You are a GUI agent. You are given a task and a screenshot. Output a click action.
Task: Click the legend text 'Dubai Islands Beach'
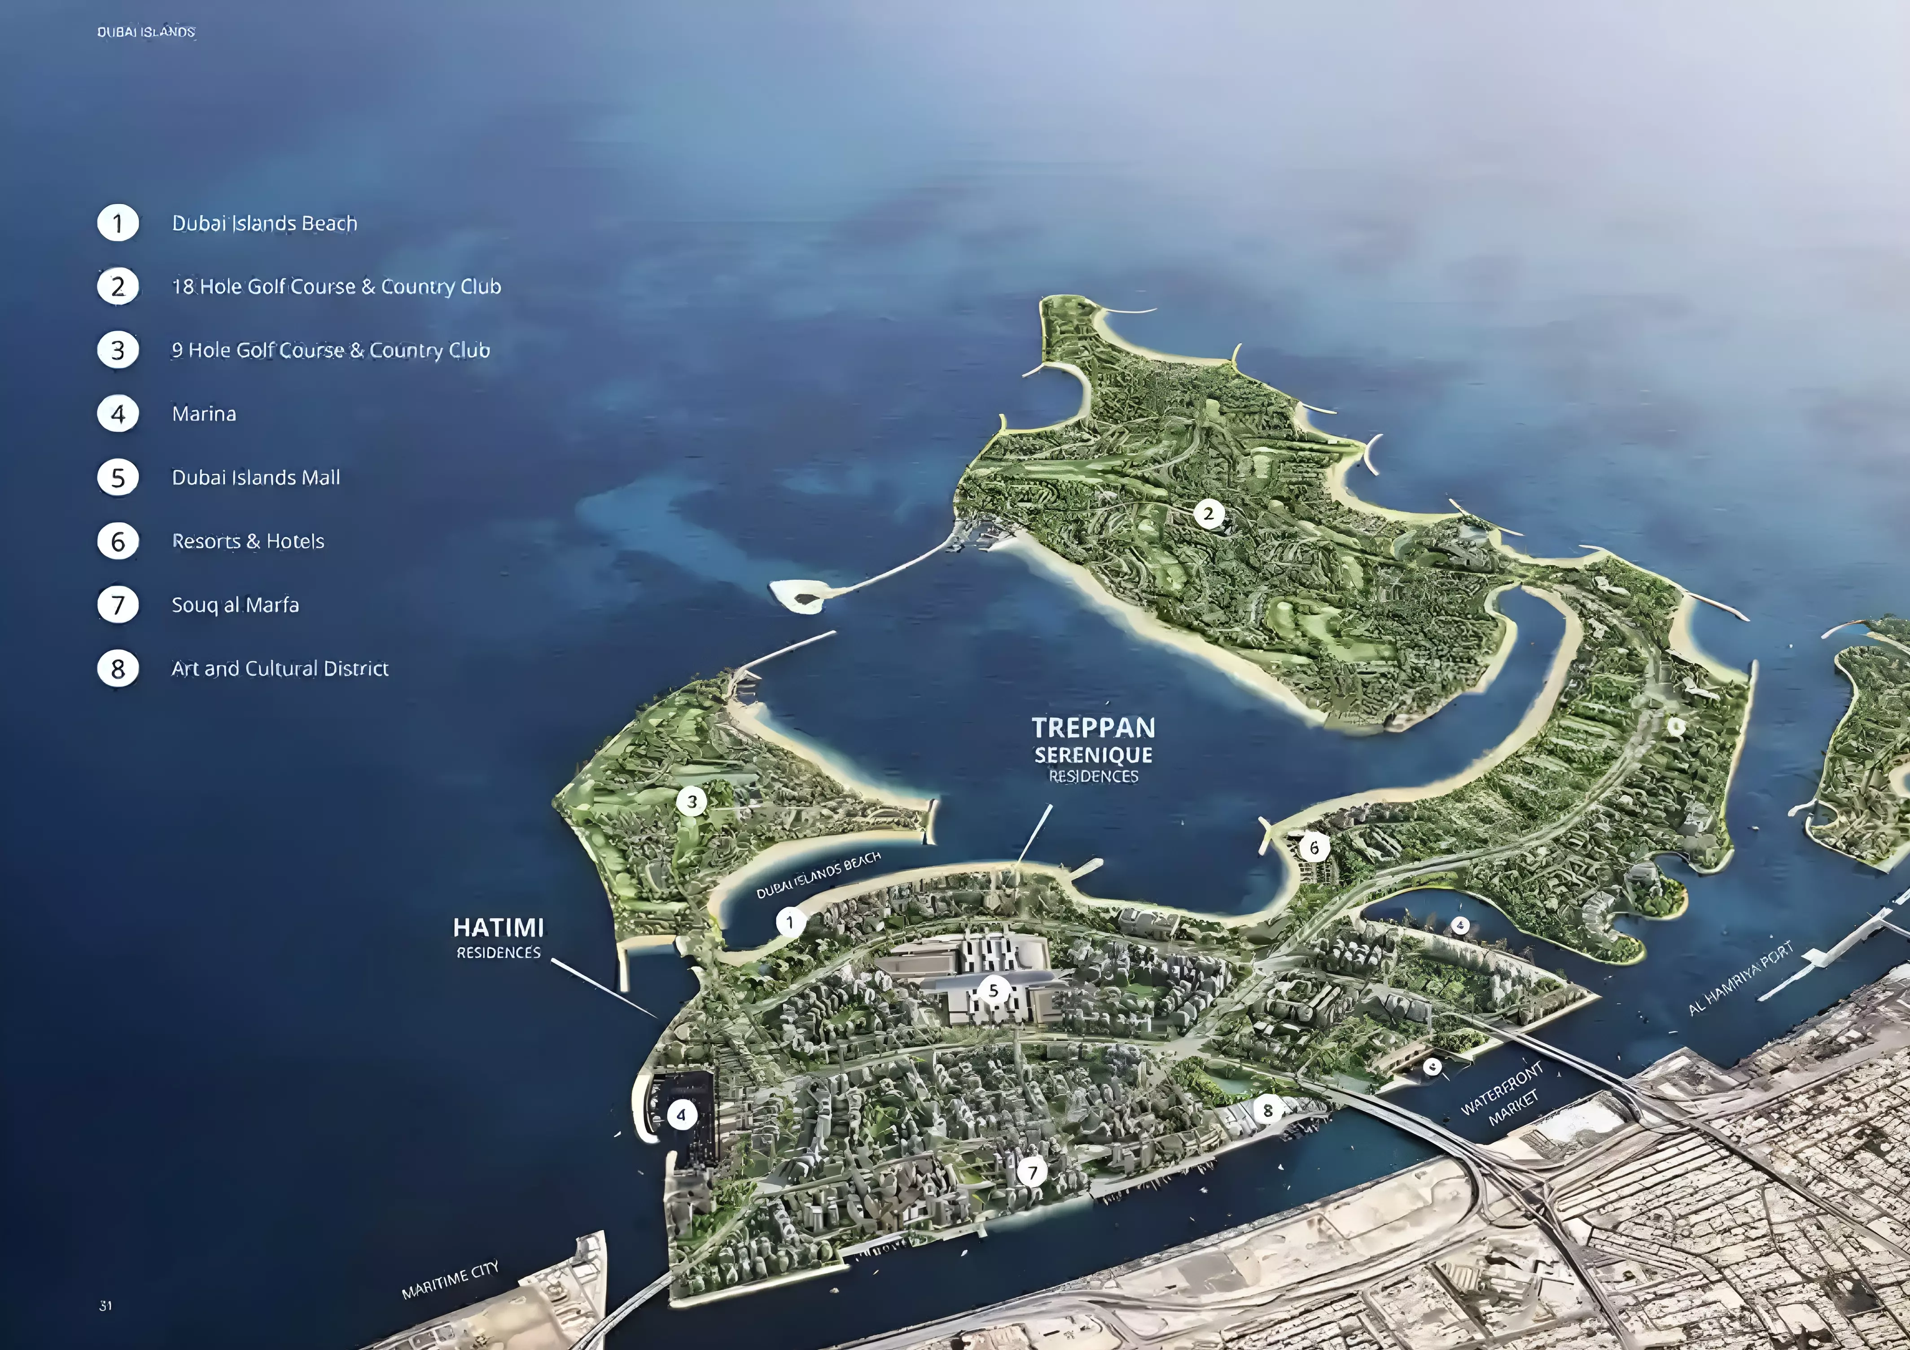point(264,224)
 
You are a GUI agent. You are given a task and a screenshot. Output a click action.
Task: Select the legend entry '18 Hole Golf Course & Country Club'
point(336,287)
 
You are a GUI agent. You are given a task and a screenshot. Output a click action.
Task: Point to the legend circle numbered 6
point(118,542)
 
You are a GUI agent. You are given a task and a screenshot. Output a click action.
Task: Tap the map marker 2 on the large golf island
point(1209,514)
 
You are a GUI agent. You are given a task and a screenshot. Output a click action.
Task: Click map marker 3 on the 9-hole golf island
point(691,802)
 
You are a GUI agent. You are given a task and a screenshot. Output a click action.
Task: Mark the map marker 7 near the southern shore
point(1032,1172)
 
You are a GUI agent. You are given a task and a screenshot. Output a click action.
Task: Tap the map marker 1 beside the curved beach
point(790,922)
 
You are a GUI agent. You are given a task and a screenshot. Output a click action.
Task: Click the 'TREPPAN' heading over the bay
point(1093,728)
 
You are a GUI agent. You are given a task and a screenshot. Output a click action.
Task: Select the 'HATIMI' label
point(498,927)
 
